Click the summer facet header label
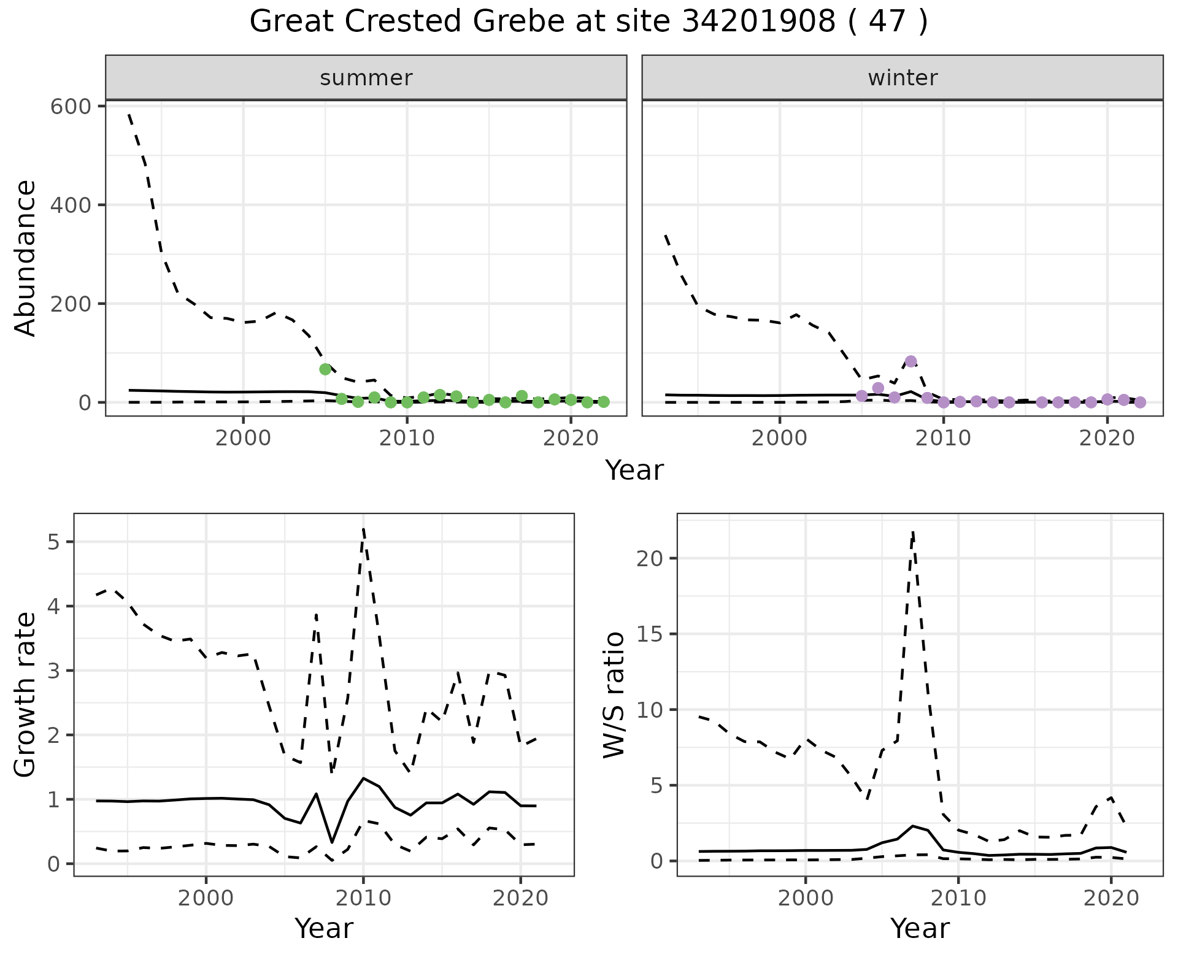click(366, 78)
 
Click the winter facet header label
click(902, 78)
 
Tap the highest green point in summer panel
click(325, 369)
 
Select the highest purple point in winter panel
click(910, 361)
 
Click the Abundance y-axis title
click(26, 258)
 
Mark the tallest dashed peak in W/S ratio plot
click(913, 531)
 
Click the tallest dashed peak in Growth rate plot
click(363, 529)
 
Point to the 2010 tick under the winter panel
click(944, 439)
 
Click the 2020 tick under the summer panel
click(571, 439)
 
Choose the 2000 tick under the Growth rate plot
click(206, 898)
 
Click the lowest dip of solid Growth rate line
click(332, 842)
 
